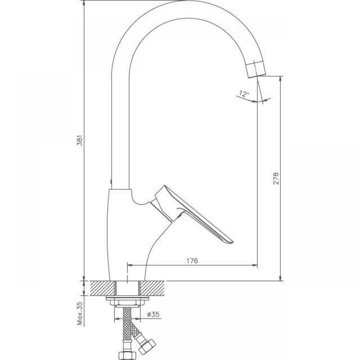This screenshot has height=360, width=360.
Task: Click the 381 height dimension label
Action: click(80, 140)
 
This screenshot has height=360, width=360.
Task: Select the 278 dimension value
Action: click(276, 178)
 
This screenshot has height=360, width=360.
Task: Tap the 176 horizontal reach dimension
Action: click(192, 261)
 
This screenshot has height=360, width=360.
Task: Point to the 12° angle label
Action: click(244, 94)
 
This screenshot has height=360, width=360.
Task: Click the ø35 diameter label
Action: click(153, 314)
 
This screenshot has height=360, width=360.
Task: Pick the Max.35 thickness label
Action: click(80, 313)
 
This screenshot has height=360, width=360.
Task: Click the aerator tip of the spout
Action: click(256, 70)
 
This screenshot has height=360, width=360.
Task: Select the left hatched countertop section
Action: click(103, 288)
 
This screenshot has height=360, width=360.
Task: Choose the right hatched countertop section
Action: click(153, 288)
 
